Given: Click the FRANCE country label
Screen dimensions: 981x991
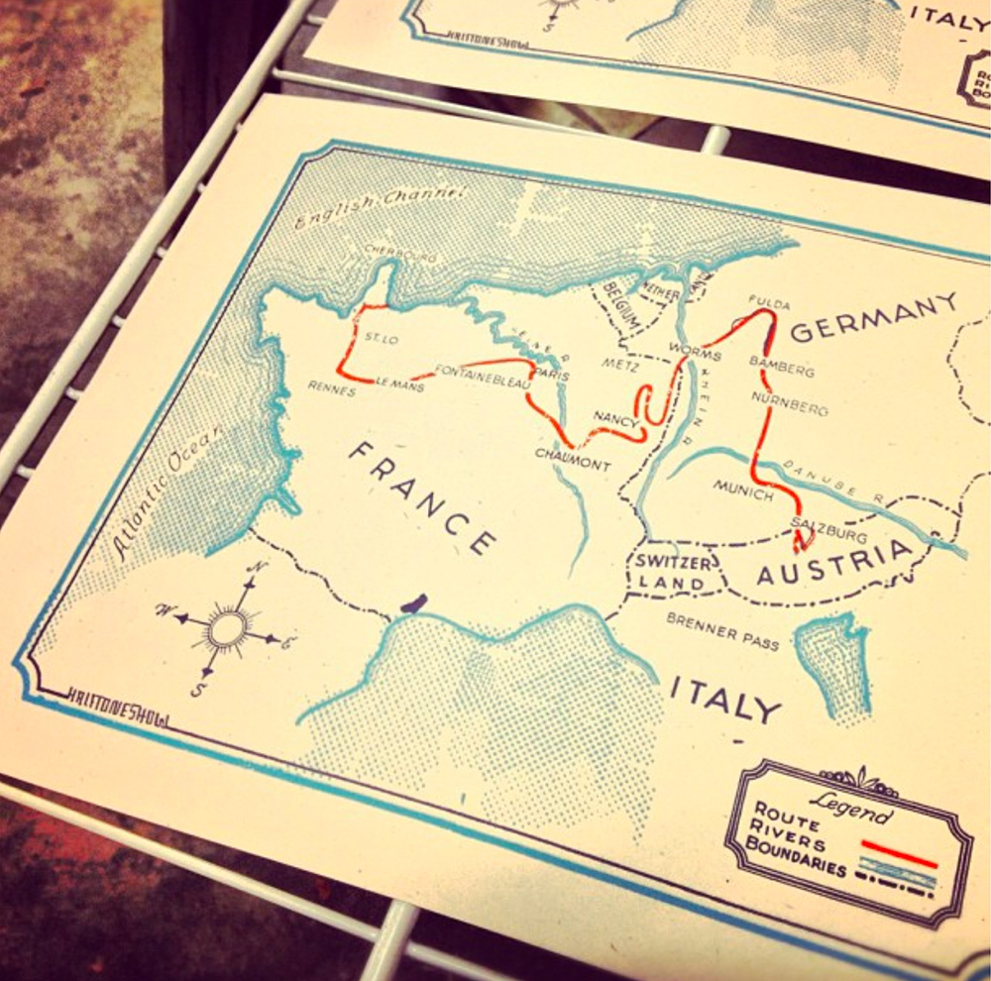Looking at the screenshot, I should coord(421,496).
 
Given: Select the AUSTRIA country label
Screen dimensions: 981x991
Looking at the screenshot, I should coord(833,564).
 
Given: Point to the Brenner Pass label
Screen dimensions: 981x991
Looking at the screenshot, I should coord(722,631).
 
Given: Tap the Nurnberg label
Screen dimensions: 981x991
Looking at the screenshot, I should coord(790,401).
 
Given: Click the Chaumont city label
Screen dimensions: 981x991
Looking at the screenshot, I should coord(573,459).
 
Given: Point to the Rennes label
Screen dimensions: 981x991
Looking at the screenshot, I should coord(331,389).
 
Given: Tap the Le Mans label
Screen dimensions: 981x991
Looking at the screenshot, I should coord(400,383).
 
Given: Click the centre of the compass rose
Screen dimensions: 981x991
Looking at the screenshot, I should coord(227,627).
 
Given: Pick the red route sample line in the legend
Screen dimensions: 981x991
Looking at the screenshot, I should coord(898,852).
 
